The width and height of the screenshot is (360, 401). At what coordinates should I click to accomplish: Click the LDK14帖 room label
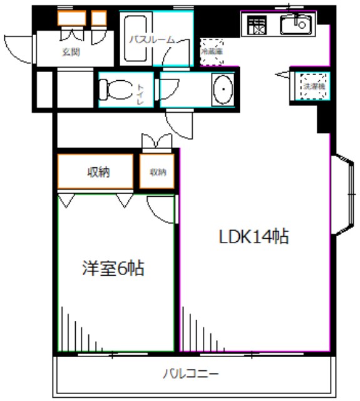[253, 237]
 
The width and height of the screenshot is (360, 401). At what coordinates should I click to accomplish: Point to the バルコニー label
[191, 375]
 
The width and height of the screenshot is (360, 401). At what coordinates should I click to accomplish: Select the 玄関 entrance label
[71, 52]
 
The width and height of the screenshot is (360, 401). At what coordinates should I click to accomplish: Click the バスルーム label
[152, 39]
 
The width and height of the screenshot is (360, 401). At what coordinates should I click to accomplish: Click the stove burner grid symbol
[256, 26]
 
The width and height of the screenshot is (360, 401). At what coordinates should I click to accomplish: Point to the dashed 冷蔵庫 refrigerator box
[212, 51]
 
